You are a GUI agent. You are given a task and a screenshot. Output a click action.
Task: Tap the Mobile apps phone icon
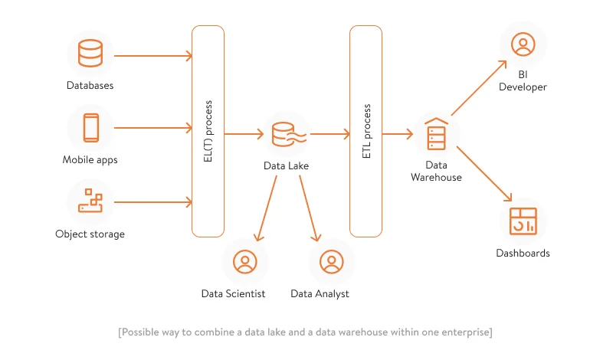click(x=90, y=128)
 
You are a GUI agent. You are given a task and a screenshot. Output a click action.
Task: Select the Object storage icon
click(x=90, y=201)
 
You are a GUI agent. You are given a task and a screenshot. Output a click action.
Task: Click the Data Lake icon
click(x=287, y=135)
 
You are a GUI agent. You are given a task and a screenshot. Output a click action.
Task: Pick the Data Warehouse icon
click(x=435, y=136)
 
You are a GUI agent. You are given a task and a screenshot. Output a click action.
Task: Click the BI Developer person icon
click(x=523, y=44)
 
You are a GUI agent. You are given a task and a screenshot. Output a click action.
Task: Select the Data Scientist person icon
click(x=244, y=262)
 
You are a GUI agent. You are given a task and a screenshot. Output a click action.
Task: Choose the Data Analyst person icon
click(x=330, y=262)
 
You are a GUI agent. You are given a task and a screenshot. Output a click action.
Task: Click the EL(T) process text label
click(x=208, y=131)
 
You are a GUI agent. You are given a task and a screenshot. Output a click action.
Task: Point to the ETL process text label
click(x=366, y=131)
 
